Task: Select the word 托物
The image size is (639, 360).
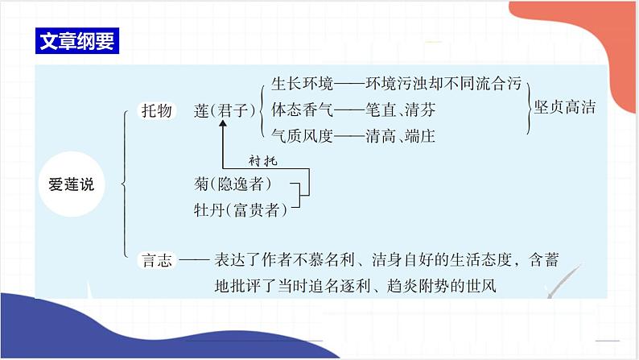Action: [156, 110]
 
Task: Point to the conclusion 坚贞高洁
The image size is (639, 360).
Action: [566, 107]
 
